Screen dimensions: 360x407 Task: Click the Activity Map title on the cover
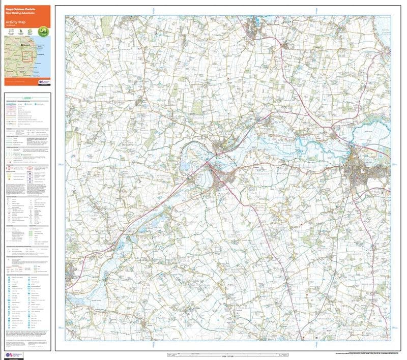16,22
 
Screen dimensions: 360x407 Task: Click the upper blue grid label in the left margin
61,164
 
